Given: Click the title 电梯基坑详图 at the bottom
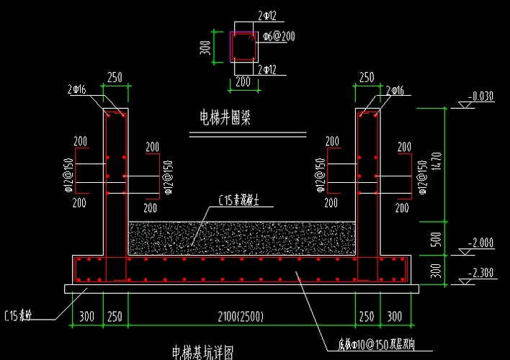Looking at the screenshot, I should point(204,352).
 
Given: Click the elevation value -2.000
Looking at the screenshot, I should point(480,243).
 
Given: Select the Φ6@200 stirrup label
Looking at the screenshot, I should point(279,35).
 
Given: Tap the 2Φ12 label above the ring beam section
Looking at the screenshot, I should point(267,14).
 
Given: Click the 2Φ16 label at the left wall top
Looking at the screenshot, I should point(78,90).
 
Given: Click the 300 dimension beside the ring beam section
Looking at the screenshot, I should point(205,48).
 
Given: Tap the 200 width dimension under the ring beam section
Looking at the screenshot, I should point(243,83).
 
